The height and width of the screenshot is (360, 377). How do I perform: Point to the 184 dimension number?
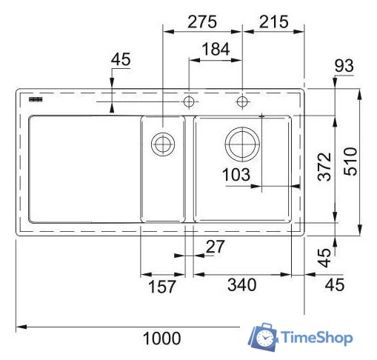pos(216,50)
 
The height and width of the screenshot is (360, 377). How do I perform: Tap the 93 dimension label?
pos(344,66)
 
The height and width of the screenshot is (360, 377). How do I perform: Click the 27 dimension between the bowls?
pos(214,247)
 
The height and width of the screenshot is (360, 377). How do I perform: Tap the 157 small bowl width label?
pos(162,286)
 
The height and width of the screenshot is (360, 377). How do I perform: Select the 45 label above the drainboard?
pos(121,60)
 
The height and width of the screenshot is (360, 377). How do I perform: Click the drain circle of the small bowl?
pos(161,143)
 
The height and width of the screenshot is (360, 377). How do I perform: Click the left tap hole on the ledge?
pos(190,100)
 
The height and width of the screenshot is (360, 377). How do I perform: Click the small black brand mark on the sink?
pos(34,99)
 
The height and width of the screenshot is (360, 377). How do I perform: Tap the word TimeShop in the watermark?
pos(316,339)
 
